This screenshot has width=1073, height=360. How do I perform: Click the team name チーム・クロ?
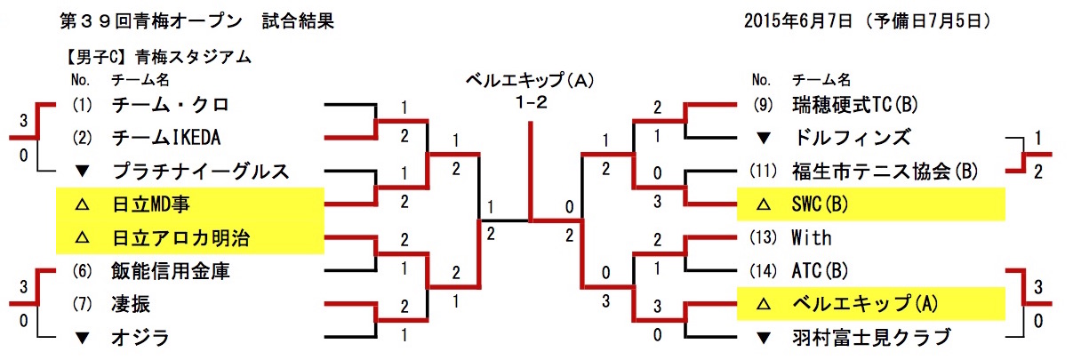coord(171,105)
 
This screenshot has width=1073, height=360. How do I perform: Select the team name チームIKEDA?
coord(166,138)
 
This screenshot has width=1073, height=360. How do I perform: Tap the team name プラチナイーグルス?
coord(196,171)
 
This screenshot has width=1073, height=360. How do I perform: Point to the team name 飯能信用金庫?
coord(171,270)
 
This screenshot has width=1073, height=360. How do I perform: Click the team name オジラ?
coord(140,337)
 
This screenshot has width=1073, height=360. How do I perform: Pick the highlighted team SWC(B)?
coord(821,204)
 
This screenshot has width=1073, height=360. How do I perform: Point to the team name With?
coord(811,237)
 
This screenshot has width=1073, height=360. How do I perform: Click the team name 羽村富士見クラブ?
coord(871,337)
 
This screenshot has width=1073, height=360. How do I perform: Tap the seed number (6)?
coord(82,270)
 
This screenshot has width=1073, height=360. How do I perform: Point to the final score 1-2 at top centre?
coord(530,102)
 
